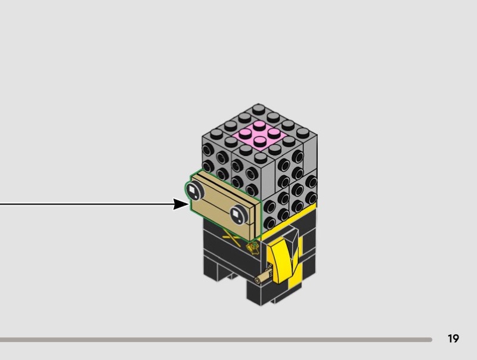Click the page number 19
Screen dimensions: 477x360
point(453,339)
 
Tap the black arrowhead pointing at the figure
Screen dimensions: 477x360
point(181,204)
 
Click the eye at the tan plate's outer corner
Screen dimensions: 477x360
point(195,191)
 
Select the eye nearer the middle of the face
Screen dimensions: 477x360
point(239,215)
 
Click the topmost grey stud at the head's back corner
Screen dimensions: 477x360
point(258,109)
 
